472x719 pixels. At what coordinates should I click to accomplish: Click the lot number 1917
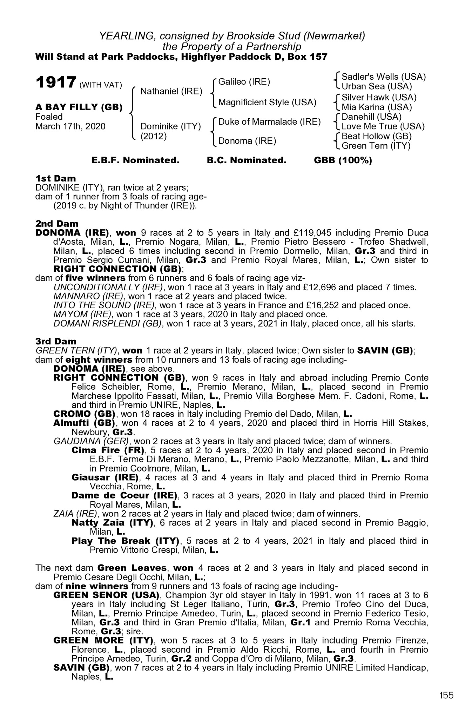[56, 83]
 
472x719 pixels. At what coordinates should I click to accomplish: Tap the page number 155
[446, 695]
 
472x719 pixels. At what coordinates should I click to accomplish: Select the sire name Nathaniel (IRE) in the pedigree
[171, 92]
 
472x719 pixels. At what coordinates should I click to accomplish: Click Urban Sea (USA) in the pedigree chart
[377, 86]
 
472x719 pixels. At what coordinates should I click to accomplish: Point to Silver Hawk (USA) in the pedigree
[379, 97]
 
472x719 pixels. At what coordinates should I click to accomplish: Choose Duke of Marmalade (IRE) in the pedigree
[269, 122]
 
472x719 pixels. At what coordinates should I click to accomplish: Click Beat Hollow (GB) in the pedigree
[376, 136]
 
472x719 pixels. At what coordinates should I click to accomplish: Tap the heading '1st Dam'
[55, 179]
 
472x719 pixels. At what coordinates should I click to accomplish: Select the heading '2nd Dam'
[57, 224]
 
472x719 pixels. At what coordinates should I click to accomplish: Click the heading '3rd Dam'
[56, 341]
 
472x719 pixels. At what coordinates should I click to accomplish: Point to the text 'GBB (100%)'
[343, 160]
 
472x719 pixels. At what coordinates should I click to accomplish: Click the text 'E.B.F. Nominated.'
[135, 160]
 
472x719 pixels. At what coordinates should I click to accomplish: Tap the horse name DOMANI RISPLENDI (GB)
[108, 323]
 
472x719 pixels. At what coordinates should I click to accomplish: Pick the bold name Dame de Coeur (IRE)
[124, 495]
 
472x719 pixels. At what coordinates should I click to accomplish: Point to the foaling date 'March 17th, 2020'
[70, 126]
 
